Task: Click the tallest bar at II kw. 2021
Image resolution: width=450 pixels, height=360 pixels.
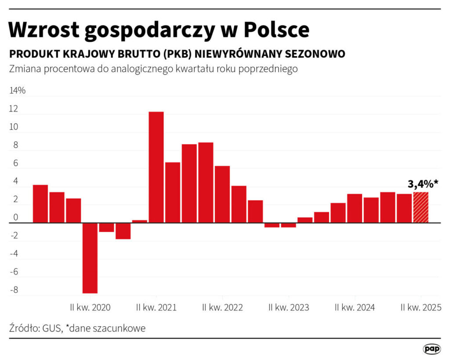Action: (x=156, y=167)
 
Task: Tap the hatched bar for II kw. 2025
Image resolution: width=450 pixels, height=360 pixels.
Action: (x=421, y=207)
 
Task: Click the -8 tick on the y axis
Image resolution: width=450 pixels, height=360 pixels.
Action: (x=14, y=290)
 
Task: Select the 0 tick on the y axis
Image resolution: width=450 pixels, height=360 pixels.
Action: (x=15, y=218)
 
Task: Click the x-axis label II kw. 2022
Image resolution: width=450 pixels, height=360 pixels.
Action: (x=222, y=308)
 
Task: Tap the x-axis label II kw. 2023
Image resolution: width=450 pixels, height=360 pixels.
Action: (x=289, y=308)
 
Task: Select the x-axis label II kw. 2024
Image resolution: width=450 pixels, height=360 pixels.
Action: (x=355, y=308)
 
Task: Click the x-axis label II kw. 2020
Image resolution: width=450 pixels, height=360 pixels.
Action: (x=91, y=308)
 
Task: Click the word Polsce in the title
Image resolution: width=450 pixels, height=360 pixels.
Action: (x=276, y=29)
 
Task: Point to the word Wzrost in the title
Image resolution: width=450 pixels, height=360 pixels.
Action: (x=44, y=29)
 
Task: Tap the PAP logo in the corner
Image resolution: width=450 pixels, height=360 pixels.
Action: (x=432, y=349)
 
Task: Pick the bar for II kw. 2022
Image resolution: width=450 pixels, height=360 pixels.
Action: (x=222, y=194)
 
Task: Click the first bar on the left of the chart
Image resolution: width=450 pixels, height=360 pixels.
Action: (x=40, y=204)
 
